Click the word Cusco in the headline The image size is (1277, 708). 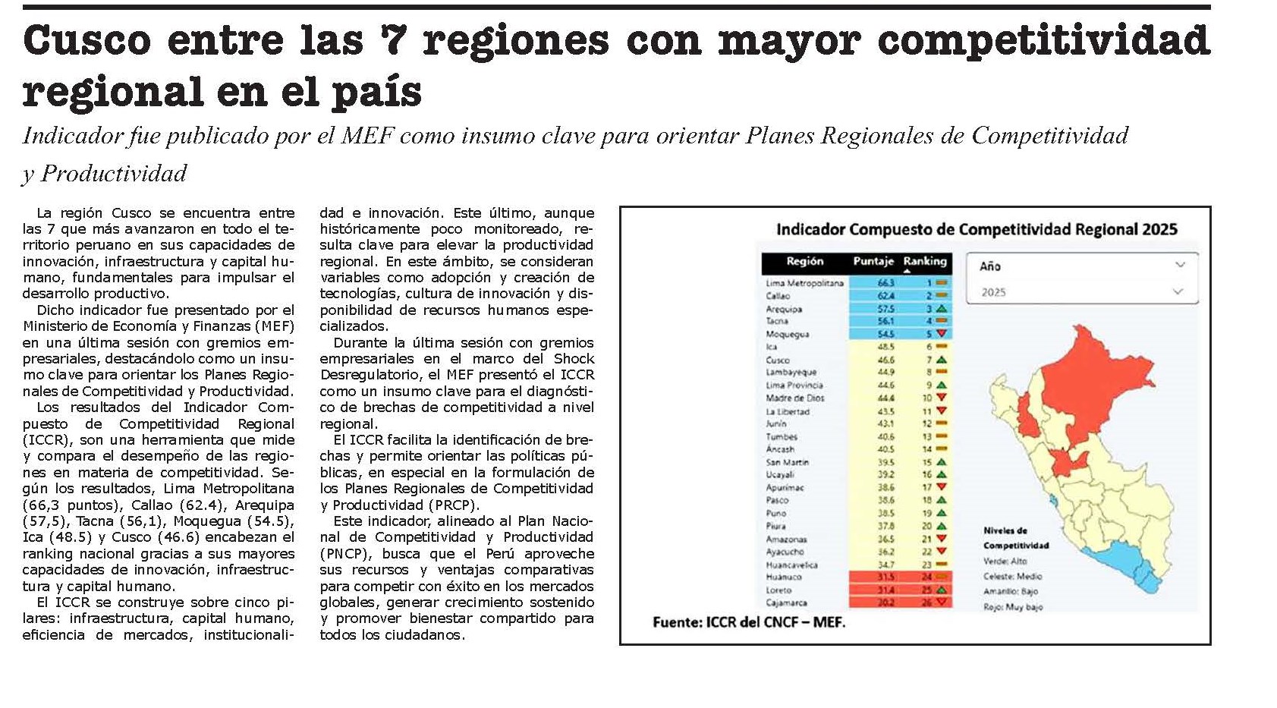tap(86, 40)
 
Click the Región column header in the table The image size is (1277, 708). tap(804, 262)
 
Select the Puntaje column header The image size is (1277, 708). tap(873, 262)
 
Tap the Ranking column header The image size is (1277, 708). tap(925, 262)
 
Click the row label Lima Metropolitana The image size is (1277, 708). tap(804, 283)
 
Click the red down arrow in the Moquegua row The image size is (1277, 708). tap(942, 334)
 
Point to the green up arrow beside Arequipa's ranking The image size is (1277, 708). tap(942, 309)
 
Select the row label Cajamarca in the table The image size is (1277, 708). tap(786, 603)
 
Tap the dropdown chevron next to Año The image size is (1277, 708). tap(1180, 265)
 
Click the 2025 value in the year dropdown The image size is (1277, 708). tap(993, 292)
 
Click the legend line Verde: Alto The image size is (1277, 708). tap(1005, 561)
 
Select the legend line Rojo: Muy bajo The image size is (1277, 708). tap(1013, 607)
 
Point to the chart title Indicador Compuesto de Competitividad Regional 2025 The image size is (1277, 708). tap(977, 229)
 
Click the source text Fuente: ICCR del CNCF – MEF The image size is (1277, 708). tap(748, 622)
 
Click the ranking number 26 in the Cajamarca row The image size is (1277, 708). tap(926, 603)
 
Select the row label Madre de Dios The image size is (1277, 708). tap(794, 398)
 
